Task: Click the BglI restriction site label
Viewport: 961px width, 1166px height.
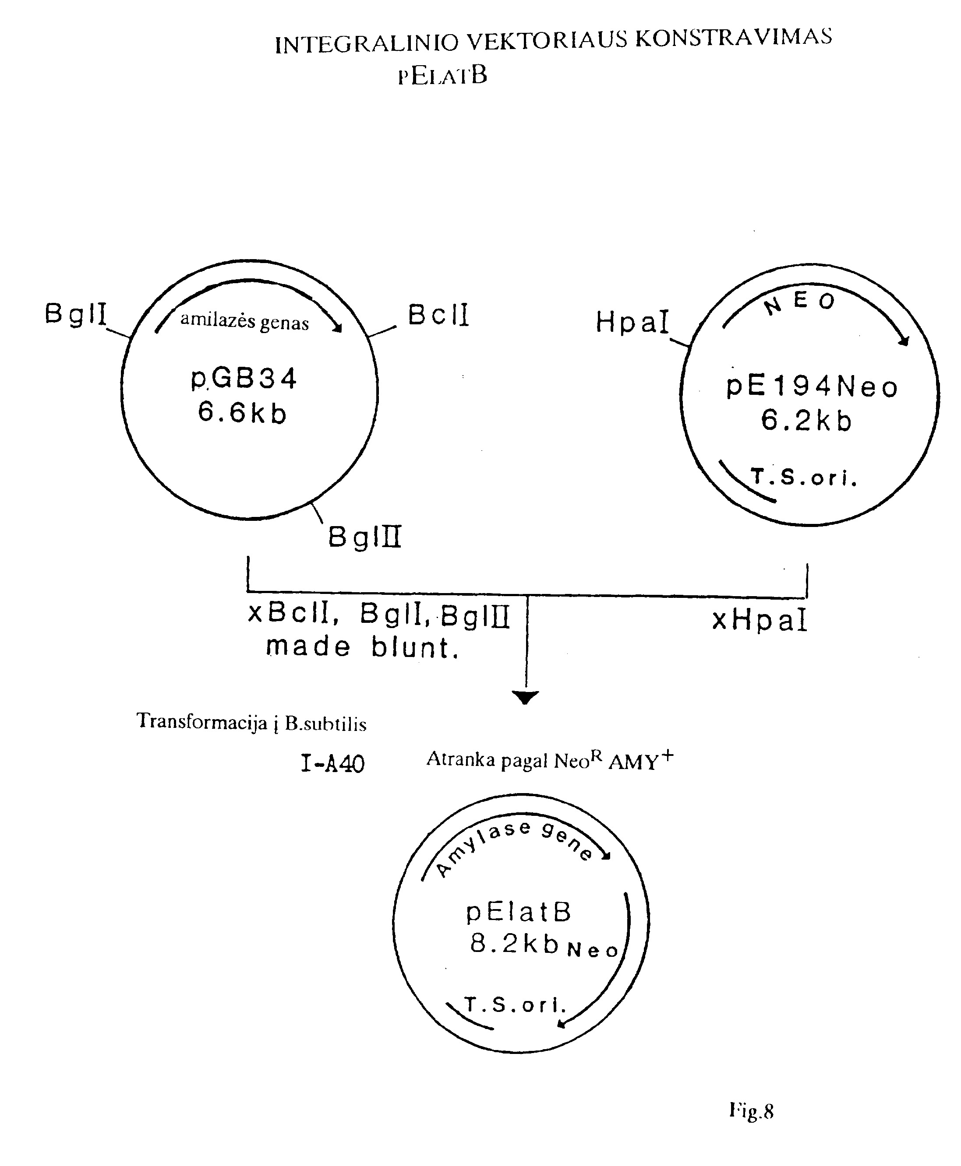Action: coord(75,314)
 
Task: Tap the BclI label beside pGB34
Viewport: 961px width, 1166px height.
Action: coord(438,315)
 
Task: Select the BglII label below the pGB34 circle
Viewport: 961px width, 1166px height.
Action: coord(364,537)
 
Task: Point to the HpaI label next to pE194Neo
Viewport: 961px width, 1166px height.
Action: coord(632,322)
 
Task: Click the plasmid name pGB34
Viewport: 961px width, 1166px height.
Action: coord(244,379)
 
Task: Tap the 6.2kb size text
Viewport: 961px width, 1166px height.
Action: coord(806,420)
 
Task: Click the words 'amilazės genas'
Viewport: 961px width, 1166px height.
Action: coord(244,321)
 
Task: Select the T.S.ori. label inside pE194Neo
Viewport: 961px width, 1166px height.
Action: coord(804,476)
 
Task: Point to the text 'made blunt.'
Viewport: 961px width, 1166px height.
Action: coord(363,647)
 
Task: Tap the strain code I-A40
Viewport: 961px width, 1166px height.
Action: coord(333,764)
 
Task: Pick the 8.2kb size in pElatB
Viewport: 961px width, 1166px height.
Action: coord(514,943)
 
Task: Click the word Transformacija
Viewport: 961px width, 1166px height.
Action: coord(202,721)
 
